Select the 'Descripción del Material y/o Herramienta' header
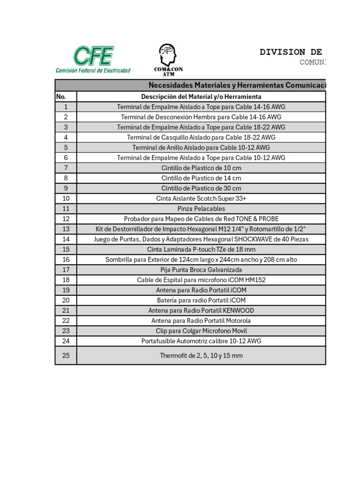click(x=201, y=97)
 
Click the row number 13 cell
click(x=66, y=229)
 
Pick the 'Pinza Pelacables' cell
click(x=201, y=209)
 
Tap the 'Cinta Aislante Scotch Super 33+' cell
click(x=201, y=198)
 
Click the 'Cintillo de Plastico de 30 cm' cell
click(x=201, y=188)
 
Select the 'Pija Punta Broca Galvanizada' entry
click(x=201, y=270)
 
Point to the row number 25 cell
click(x=66, y=355)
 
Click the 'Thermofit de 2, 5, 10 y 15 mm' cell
click(x=201, y=355)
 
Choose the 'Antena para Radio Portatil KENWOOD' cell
click(x=201, y=310)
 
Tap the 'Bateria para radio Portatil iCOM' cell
click(x=201, y=300)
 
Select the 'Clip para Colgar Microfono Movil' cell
click(x=201, y=330)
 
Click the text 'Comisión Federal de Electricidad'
click(x=93, y=70)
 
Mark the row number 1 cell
click(x=66, y=107)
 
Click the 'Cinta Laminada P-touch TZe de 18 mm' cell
click(x=201, y=249)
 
